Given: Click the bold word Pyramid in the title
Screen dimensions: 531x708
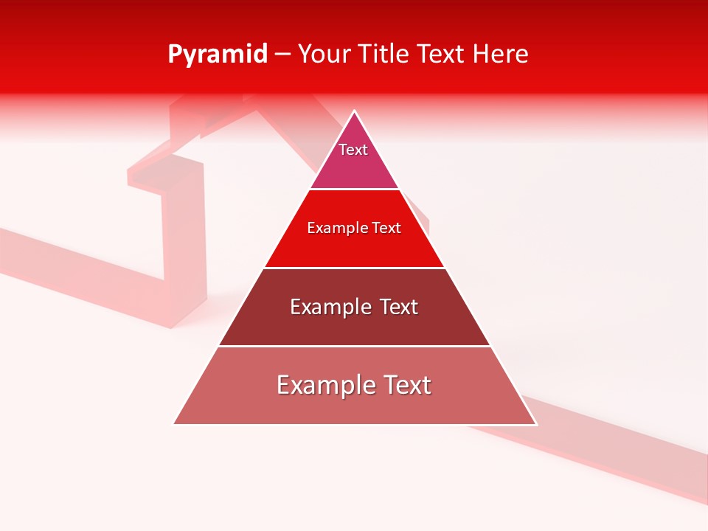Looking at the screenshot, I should [x=218, y=55].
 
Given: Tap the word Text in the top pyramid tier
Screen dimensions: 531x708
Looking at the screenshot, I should [x=353, y=150].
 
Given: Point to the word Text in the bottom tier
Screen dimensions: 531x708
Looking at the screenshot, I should [x=407, y=385].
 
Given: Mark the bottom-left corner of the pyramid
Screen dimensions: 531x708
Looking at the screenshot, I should [x=174, y=423].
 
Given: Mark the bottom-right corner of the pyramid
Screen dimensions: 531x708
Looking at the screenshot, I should [x=535, y=423].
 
